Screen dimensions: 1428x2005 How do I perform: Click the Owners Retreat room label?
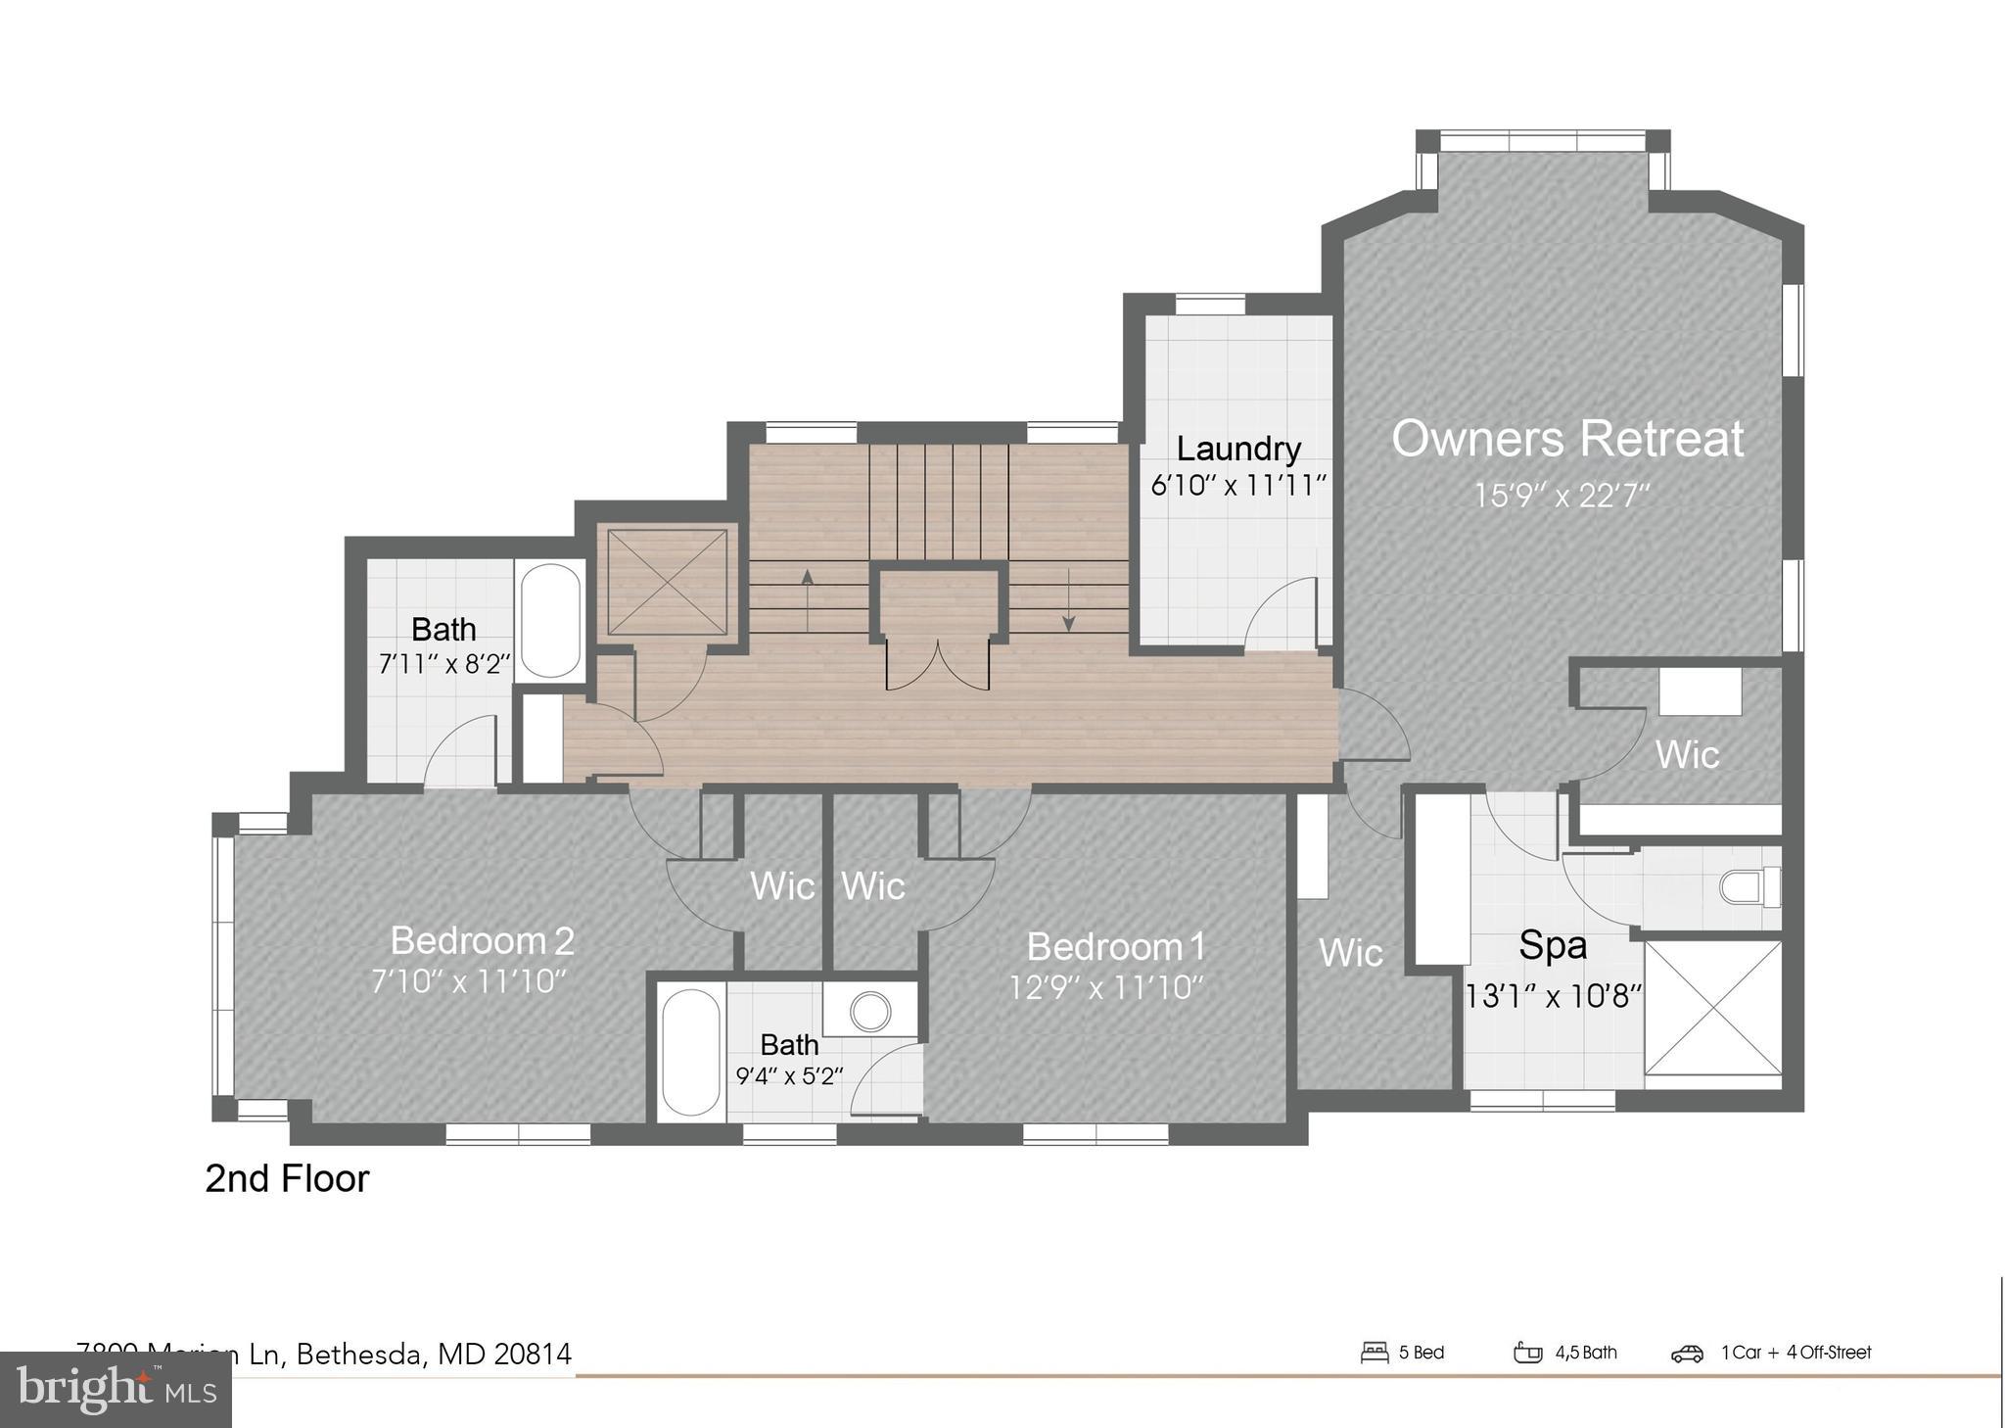(x=1566, y=440)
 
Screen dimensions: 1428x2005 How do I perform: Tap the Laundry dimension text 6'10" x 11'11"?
(x=1237, y=486)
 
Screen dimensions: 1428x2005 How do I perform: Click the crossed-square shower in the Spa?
(x=1712, y=1008)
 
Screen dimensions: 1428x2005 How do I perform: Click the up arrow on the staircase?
(x=808, y=597)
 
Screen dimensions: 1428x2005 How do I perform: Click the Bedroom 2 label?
(x=482, y=941)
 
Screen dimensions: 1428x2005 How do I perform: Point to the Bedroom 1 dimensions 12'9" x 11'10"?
(x=1106, y=987)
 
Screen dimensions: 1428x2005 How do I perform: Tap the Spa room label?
(x=1552, y=946)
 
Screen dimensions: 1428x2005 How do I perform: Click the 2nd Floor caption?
(x=287, y=1178)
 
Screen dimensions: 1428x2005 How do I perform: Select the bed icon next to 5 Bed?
(x=1375, y=1353)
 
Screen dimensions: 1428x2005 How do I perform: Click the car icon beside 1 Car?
(x=1687, y=1354)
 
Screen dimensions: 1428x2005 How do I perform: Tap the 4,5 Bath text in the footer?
(x=1586, y=1353)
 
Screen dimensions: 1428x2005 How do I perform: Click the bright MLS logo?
(x=116, y=1389)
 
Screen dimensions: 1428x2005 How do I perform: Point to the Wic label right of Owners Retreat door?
(x=1686, y=754)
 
